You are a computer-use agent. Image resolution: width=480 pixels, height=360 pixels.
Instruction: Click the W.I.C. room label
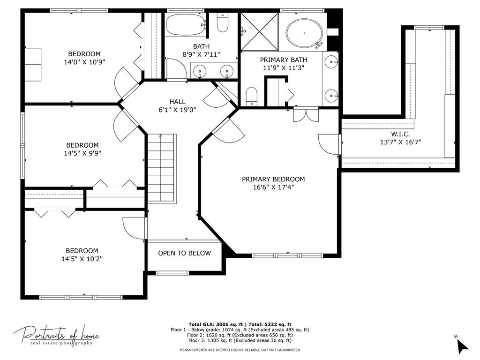point(400,134)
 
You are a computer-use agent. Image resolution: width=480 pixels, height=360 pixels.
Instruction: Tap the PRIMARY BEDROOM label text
point(273,179)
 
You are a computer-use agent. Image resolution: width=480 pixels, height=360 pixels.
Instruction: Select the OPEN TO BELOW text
point(184,253)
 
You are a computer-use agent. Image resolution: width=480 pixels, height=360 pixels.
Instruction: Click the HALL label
point(177,102)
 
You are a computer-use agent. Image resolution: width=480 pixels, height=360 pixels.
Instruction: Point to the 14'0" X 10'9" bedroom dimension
point(84,62)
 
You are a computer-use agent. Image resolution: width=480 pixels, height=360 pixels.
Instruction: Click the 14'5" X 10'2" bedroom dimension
point(82,259)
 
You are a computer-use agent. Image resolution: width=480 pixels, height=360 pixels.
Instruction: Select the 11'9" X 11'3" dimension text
point(284,67)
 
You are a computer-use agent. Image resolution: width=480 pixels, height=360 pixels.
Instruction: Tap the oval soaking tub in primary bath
point(304,33)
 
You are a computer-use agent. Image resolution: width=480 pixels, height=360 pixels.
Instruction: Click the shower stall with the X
point(260,31)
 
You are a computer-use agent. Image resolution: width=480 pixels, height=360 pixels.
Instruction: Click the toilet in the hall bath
point(223,22)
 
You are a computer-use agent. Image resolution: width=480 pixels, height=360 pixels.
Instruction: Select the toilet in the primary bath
point(252,97)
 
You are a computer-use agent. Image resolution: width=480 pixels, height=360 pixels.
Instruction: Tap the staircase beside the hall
point(162,168)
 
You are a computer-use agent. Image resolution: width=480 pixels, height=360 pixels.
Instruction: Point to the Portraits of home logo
point(56,336)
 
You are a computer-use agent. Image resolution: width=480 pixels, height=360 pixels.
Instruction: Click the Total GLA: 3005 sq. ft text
point(216,324)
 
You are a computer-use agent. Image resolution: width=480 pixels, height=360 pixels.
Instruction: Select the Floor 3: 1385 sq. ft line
point(240,340)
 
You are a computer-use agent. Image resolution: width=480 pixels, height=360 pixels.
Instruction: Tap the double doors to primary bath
point(306,115)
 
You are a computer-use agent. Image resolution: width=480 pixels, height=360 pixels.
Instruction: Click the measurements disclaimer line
point(240,350)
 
